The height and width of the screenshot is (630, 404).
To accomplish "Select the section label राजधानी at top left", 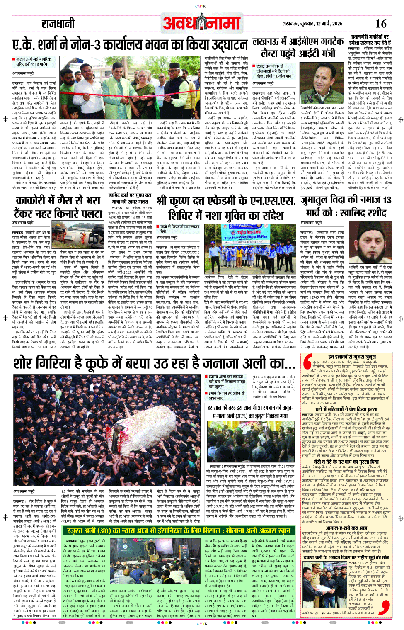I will pyautogui.click(x=58, y=24).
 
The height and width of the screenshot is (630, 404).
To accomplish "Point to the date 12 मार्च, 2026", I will pyautogui.click(x=325, y=24).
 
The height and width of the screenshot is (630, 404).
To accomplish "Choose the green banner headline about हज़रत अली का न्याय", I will pyautogui.click(x=178, y=531).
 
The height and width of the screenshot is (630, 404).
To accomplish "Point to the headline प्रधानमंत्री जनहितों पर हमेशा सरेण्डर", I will pyautogui.click(x=369, y=40).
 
